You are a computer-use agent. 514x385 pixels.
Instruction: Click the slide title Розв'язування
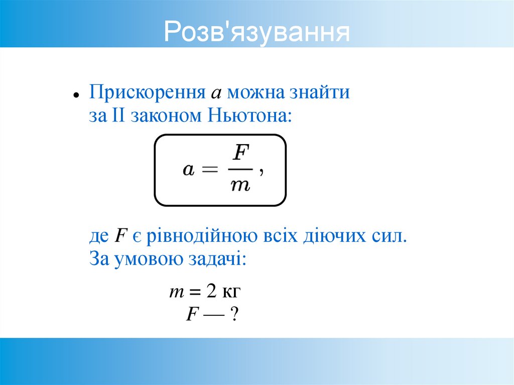[x=256, y=32]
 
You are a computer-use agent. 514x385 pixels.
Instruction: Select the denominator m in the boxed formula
[x=240, y=186]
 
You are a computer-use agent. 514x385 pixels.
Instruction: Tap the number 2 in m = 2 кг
[x=211, y=292]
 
